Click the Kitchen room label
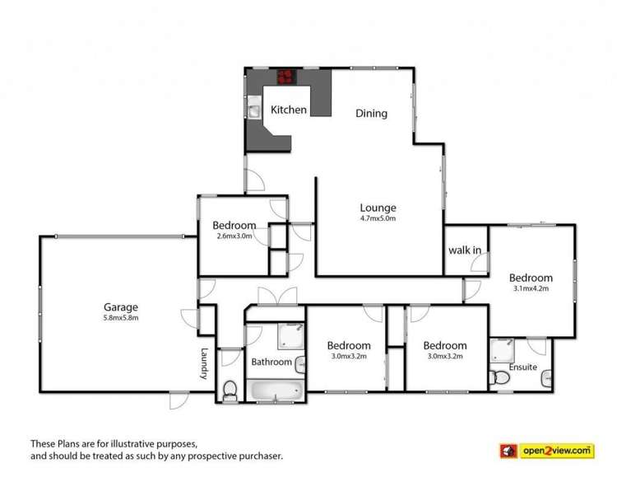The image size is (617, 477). [x=289, y=110]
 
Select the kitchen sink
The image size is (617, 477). [x=257, y=109]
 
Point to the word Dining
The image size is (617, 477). [x=371, y=114]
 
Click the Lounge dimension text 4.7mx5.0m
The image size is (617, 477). [x=378, y=219]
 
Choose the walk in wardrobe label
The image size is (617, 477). [x=464, y=250]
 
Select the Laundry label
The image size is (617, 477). [x=202, y=363]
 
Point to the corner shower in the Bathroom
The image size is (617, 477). [x=289, y=335]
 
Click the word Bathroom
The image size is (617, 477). [x=271, y=362]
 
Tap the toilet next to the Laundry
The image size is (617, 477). [x=230, y=389]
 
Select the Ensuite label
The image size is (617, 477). [x=523, y=367]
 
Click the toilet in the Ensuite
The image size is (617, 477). [x=498, y=377]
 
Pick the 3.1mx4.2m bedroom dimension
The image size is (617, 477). [x=530, y=289]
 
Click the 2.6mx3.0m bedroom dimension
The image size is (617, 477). [x=234, y=236]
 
